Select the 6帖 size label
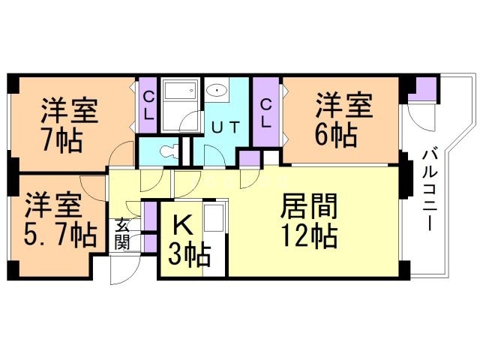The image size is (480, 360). (x=335, y=135)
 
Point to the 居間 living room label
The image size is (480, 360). (x=308, y=205)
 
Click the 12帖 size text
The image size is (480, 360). (x=309, y=236)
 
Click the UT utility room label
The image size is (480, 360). (x=224, y=127)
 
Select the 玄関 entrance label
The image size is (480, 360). (x=121, y=234)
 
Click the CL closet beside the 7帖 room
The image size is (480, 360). (x=148, y=106)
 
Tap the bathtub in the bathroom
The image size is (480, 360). (x=179, y=93)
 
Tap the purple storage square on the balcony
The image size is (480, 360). (x=425, y=88)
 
